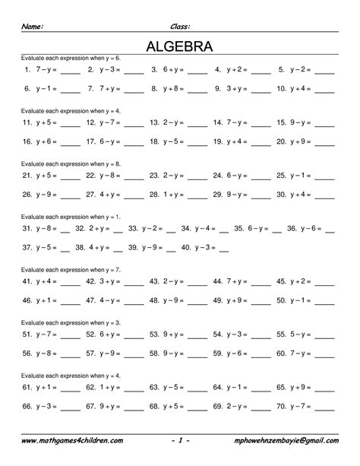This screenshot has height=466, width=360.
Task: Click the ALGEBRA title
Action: click(x=179, y=47)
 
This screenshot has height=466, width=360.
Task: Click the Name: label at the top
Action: click(x=33, y=26)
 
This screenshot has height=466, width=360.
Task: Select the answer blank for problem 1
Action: click(x=69, y=71)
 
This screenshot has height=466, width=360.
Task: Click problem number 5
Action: click(x=282, y=69)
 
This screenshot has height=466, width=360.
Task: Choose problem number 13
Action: click(x=154, y=122)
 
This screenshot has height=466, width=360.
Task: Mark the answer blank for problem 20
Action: click(x=324, y=143)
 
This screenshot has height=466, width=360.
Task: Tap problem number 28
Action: click(x=154, y=194)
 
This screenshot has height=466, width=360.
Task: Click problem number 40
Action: click(x=186, y=247)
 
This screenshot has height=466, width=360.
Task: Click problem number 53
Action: click(x=154, y=332)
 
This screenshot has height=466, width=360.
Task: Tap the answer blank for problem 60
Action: click(x=324, y=354)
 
